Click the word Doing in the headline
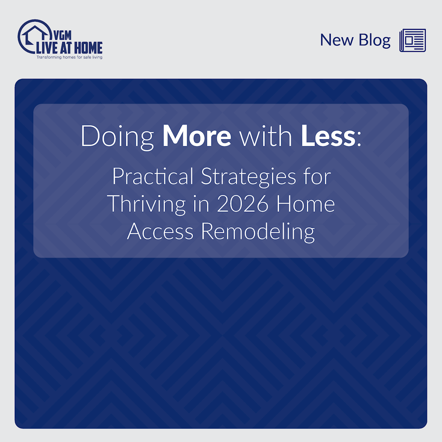tap(117, 137)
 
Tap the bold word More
tap(197, 136)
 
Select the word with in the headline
tap(266, 136)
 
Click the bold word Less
tap(328, 136)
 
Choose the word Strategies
tap(248, 177)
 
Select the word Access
tap(160, 232)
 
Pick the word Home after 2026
tap(305, 204)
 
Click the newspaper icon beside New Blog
tap(413, 40)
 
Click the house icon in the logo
tap(35, 33)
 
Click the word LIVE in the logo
tap(47, 48)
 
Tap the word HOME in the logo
tap(88, 48)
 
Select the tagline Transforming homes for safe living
tap(69, 57)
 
